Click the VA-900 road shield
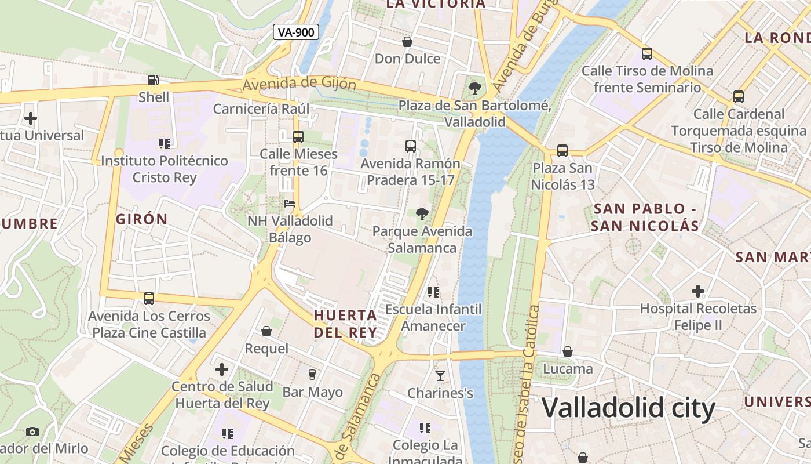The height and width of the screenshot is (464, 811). coord(296,32)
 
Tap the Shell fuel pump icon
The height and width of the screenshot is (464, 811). coord(154,81)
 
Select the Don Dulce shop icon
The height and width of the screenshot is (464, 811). coord(407,42)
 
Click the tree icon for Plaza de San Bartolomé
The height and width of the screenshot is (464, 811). coord(475,88)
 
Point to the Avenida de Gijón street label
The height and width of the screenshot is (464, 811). coord(299,84)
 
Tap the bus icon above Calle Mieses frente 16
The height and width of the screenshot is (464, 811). coord(298,137)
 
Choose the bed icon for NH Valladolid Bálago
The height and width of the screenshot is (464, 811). coord(290,204)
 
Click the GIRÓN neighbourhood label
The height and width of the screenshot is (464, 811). coord(142,219)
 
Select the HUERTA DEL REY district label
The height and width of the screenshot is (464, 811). coord(345,324)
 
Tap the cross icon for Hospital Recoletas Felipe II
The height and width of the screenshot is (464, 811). coord(698,291)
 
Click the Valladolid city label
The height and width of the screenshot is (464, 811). coord(629,408)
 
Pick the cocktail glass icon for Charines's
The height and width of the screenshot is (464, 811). coord(440,376)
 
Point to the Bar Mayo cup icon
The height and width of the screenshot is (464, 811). coord(312,375)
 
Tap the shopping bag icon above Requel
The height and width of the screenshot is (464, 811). coord(266,331)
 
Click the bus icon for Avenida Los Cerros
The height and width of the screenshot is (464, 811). coord(149,299)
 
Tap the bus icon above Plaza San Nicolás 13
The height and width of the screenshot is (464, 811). coord(562,151)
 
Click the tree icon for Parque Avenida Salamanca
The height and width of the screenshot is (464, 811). coord(422,214)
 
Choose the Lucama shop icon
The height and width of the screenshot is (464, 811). coord(568,351)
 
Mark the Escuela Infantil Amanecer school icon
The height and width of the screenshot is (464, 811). coord(433,292)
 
